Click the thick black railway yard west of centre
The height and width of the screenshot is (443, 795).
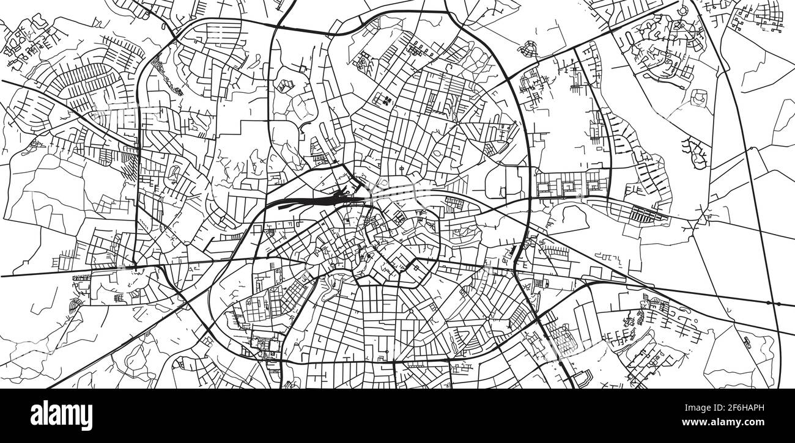(318, 197)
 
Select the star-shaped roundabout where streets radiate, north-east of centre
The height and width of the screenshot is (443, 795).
(457, 122)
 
